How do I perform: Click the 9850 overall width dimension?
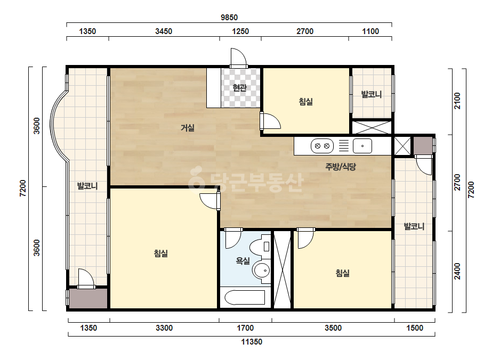pos(229,18)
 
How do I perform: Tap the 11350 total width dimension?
pos(252,342)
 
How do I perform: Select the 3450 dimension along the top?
pos(164,31)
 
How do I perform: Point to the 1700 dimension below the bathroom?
pos(245,328)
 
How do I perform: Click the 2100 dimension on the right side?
pos(457,101)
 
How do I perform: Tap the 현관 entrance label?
pos(240,88)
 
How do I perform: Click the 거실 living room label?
pos(188,128)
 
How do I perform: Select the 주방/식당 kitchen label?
pos(341,167)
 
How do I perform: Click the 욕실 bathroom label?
pos(243,260)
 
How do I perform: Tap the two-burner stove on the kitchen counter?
pos(322,146)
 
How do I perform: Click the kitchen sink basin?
pos(362,146)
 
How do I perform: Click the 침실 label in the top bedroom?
pos(305,102)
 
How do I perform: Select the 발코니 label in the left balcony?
pos(87,186)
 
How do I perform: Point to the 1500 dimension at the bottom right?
pos(415,328)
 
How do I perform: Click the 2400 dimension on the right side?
pos(457,271)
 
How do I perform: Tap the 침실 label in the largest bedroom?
pos(161,253)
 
